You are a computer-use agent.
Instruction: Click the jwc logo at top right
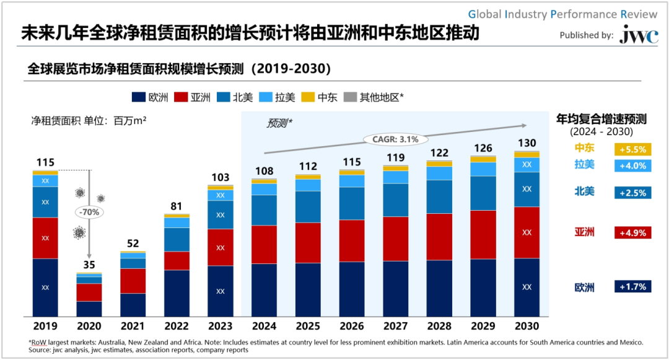(639, 35)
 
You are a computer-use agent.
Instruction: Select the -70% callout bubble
(89, 212)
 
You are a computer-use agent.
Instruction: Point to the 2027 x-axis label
(395, 326)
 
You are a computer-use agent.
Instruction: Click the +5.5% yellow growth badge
(632, 149)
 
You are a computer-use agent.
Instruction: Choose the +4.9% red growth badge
(632, 233)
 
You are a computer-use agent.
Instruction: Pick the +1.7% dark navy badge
(632, 287)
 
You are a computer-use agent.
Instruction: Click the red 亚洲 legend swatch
(180, 97)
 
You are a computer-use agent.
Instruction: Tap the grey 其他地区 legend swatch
(349, 97)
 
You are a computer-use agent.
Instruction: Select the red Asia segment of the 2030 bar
(527, 232)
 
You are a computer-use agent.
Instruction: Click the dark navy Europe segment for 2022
(177, 293)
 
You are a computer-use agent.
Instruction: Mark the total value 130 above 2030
(527, 144)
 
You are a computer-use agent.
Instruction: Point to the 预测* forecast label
(279, 123)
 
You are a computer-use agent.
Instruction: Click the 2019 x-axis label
(45, 326)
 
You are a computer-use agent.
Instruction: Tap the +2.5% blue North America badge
(632, 193)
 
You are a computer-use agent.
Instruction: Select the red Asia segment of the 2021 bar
(133, 281)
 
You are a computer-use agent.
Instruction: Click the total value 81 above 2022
(177, 207)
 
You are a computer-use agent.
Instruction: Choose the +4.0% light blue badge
(632, 166)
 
